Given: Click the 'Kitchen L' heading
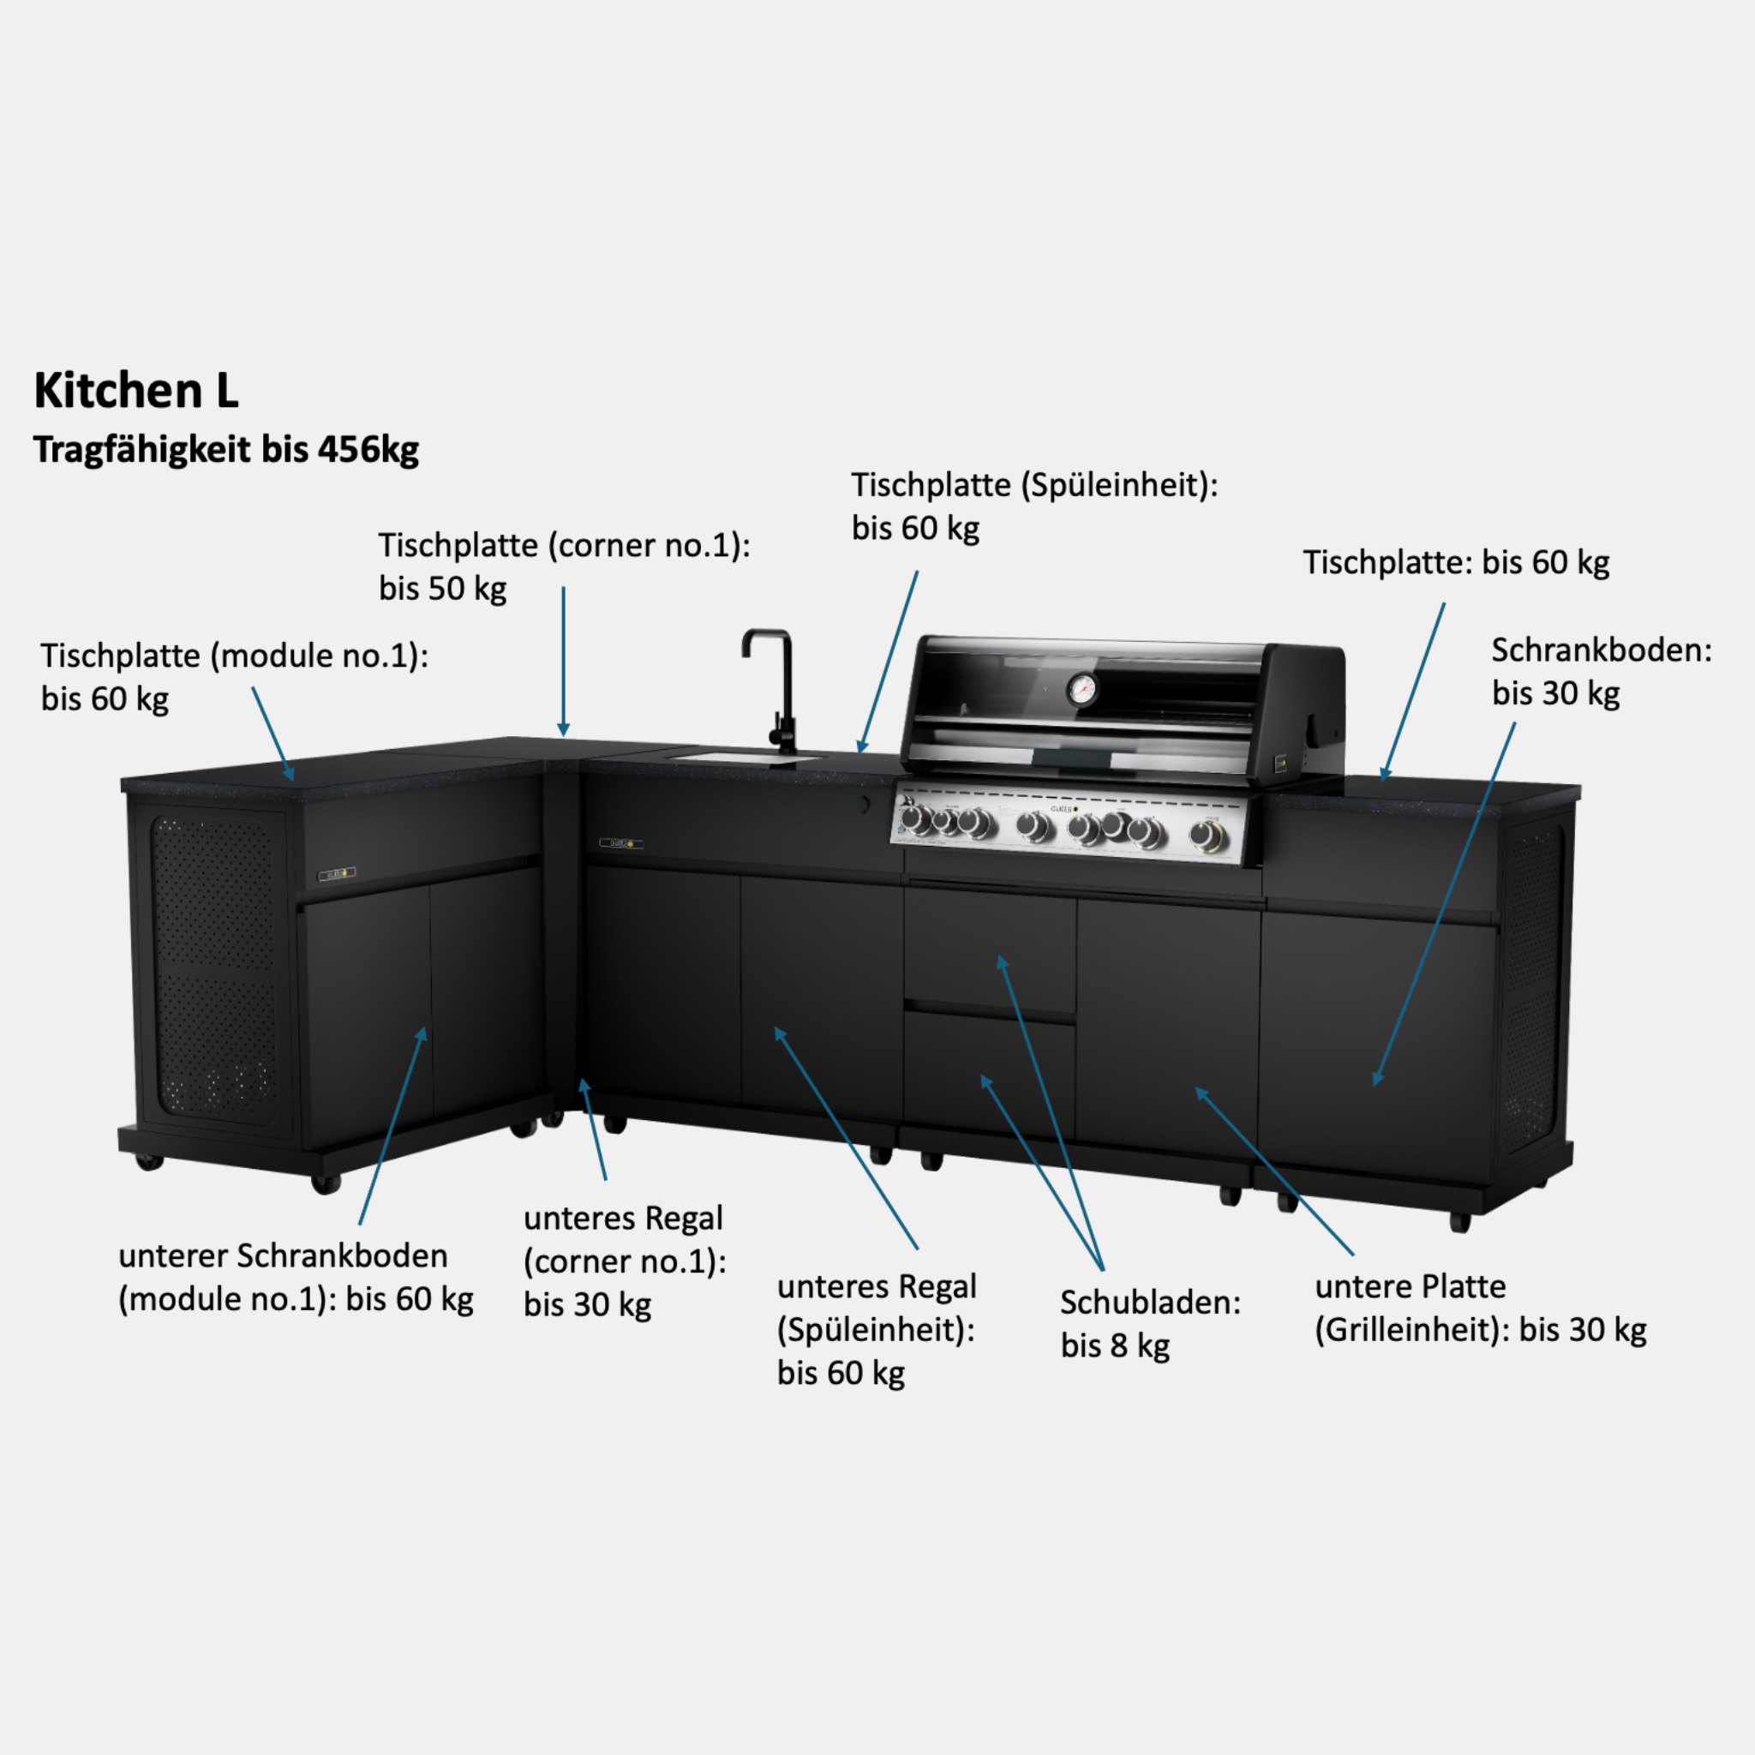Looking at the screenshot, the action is point(136,391).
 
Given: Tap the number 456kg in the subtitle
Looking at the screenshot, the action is point(368,450).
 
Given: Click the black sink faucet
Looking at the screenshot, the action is point(773,691).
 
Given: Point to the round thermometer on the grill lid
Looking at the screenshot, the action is point(1081,690).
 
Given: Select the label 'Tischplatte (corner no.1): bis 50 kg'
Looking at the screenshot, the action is point(564,566).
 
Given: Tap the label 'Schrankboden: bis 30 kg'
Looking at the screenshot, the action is point(1601,671).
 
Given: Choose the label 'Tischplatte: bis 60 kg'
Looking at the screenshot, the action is point(1455,563).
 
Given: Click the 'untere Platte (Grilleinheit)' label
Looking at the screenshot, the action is point(1481,1308).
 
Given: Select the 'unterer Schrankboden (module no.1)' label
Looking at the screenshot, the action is point(296,1277).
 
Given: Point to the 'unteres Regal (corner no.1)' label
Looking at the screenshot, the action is point(625,1261).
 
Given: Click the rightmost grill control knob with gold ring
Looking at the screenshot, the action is point(1208,835).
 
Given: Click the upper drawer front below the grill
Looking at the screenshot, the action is point(989,949).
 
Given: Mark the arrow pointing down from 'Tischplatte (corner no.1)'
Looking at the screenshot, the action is point(563,662).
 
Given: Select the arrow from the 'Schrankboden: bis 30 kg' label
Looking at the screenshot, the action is point(1444,904).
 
